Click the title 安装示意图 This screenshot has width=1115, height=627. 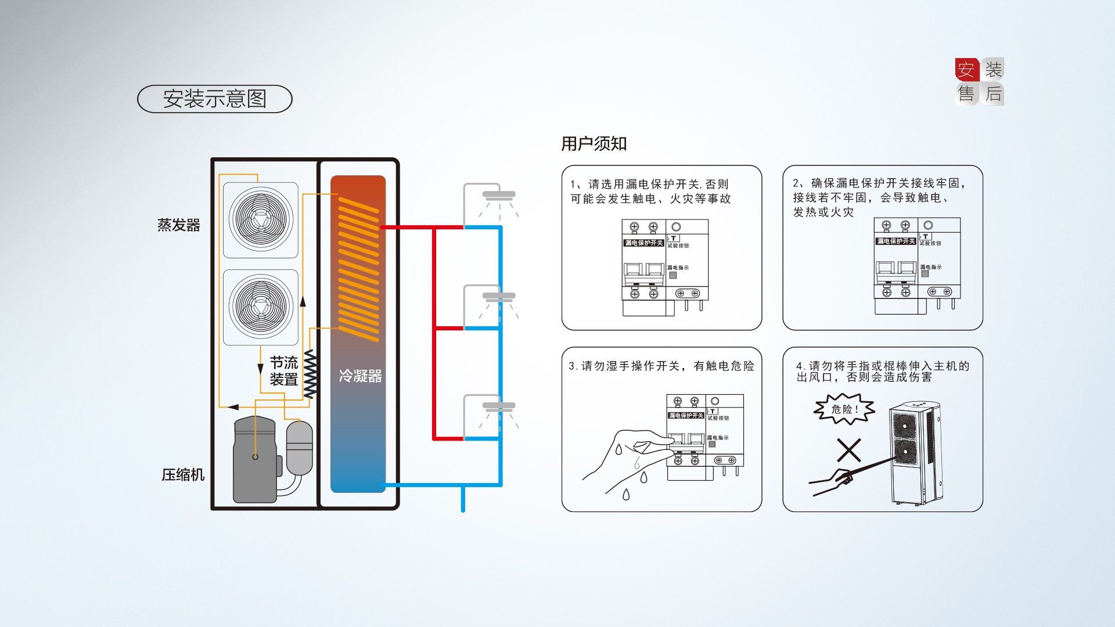[x=214, y=99]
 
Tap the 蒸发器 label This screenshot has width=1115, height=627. [x=178, y=225]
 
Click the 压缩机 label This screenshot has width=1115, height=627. [x=183, y=475]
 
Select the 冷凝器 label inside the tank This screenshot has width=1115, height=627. [x=360, y=376]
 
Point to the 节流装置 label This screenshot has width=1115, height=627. [x=283, y=372]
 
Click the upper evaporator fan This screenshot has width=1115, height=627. [x=261, y=219]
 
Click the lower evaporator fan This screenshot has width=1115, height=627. [x=261, y=307]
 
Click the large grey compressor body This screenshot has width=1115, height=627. [x=254, y=462]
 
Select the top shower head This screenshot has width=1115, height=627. [x=498, y=196]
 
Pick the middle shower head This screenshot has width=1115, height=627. [x=498, y=297]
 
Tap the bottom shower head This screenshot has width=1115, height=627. [x=498, y=407]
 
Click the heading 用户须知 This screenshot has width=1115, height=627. [x=594, y=144]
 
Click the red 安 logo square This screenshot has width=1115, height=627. [x=966, y=70]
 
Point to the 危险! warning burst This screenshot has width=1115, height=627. [x=844, y=409]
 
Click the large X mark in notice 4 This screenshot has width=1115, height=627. [x=848, y=451]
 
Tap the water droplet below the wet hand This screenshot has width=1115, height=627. [x=626, y=495]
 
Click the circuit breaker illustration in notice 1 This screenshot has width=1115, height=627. [x=665, y=267]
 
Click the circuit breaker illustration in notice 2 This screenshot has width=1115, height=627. [x=916, y=265]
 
